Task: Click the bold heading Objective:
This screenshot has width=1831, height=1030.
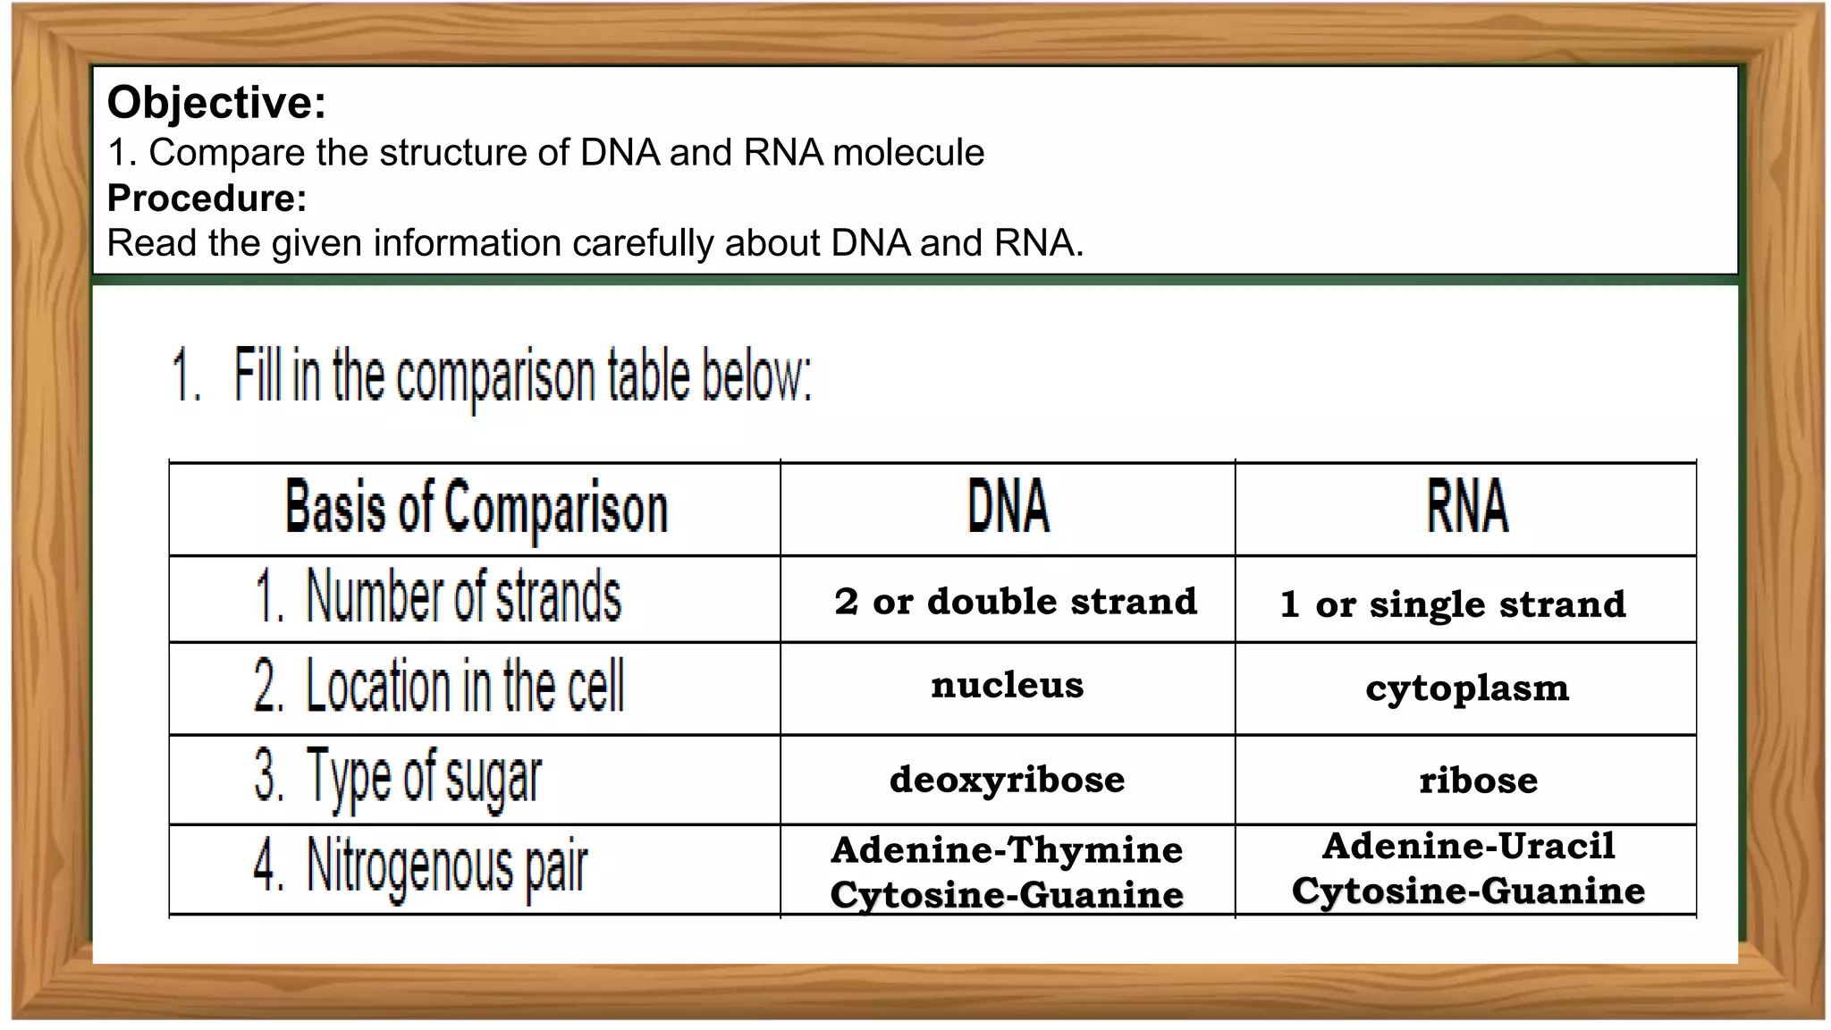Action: tap(216, 102)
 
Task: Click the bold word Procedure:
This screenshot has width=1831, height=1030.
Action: tap(207, 198)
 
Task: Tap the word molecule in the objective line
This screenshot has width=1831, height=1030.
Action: tap(908, 153)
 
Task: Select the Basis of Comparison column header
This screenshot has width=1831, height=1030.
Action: tap(476, 509)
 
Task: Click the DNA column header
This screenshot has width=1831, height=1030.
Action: tap(1008, 507)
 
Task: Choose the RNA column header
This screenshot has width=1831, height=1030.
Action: tap(1466, 507)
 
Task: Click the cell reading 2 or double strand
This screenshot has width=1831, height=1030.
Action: tap(1016, 602)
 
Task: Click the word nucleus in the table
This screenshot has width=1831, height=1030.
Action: tap(1007, 686)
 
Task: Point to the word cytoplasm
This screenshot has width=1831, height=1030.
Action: tap(1467, 688)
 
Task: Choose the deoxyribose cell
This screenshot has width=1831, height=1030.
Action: tap(1007, 780)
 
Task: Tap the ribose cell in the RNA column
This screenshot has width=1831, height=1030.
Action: tap(1478, 781)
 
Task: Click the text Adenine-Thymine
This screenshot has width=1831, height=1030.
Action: tap(1007, 849)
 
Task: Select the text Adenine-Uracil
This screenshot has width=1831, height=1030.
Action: tap(1468, 846)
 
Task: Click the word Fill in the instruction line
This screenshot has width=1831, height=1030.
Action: tap(258, 376)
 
